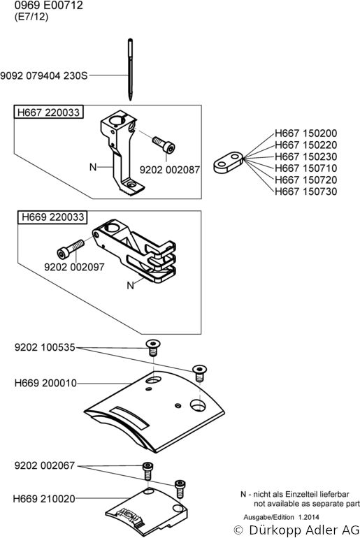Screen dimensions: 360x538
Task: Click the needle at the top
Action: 131,70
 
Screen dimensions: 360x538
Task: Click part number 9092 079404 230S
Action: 44,75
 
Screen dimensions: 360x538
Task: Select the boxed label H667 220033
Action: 48,112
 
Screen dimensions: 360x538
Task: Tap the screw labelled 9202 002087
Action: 164,145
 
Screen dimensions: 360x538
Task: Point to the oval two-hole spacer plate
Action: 228,162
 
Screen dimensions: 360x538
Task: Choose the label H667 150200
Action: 305,133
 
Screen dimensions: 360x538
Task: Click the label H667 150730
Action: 305,191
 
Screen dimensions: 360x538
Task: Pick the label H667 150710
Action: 305,168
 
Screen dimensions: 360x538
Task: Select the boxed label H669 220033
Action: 52,217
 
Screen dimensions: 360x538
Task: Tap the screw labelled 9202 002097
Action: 71,249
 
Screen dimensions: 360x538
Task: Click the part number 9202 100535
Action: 45,347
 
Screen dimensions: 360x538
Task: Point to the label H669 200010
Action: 45,383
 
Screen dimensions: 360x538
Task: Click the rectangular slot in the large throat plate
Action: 129,417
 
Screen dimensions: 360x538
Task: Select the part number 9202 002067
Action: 45,465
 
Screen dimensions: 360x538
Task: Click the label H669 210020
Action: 44,499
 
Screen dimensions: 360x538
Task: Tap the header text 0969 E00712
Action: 49,6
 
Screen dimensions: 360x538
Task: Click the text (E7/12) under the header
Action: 31,17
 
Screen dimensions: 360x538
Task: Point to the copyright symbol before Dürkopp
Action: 238,530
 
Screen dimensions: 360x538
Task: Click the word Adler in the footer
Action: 317,530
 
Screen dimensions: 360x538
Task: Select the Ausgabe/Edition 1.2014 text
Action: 281,517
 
